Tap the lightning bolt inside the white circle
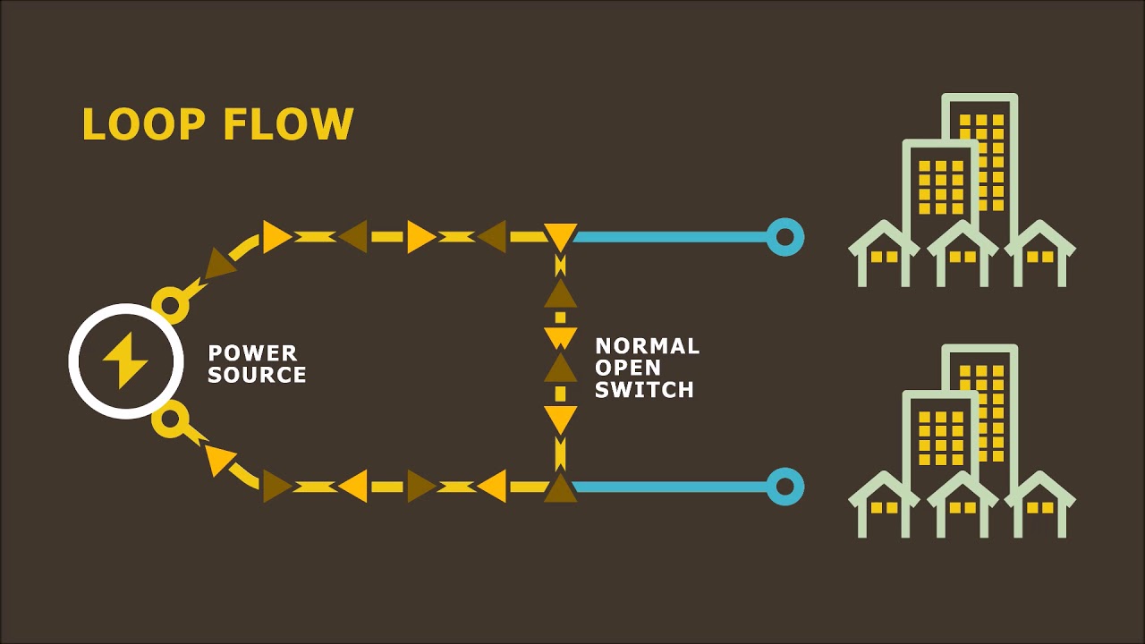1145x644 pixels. [125, 360]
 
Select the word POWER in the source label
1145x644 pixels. [252, 352]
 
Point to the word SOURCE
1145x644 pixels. [257, 375]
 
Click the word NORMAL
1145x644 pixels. [648, 346]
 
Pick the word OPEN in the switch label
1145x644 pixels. [628, 368]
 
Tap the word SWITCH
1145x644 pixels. [644, 390]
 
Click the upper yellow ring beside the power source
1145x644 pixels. [170, 306]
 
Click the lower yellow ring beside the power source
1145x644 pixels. [170, 419]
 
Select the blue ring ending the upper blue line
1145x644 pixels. [785, 237]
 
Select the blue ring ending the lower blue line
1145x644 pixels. [785, 487]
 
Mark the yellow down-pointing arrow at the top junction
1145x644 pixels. [560, 237]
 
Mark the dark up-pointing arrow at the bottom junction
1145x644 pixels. [560, 487]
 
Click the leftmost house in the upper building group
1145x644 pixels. [884, 255]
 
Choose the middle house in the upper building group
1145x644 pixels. [962, 255]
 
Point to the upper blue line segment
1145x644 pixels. [671, 237]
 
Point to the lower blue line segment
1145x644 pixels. [671, 487]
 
